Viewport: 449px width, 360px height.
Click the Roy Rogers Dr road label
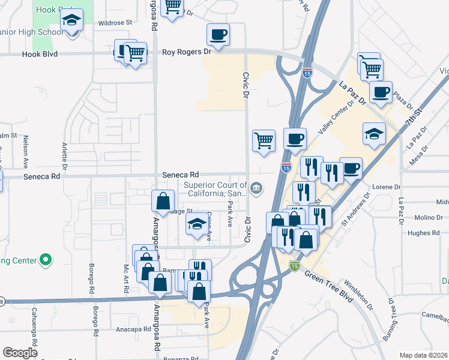(187, 52)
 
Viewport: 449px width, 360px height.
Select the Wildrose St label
(115, 22)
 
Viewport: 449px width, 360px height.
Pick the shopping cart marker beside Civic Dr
(264, 140)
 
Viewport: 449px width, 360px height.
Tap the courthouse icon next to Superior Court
(256, 188)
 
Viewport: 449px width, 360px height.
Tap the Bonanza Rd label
(181, 357)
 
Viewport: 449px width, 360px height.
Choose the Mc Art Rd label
(126, 278)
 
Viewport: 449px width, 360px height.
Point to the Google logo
(20, 353)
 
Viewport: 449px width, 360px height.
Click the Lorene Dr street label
(385, 187)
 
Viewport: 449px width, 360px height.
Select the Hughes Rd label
(423, 233)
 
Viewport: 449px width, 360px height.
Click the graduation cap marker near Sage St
(196, 226)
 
